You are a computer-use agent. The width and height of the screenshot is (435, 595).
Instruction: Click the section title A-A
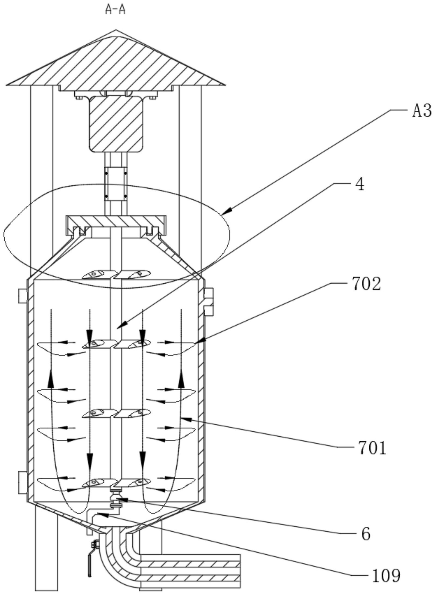115,10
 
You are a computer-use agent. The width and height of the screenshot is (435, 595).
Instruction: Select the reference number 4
360,185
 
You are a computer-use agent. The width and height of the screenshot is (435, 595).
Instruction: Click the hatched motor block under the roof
116,124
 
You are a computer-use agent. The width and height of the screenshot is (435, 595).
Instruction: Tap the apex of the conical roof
116,30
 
